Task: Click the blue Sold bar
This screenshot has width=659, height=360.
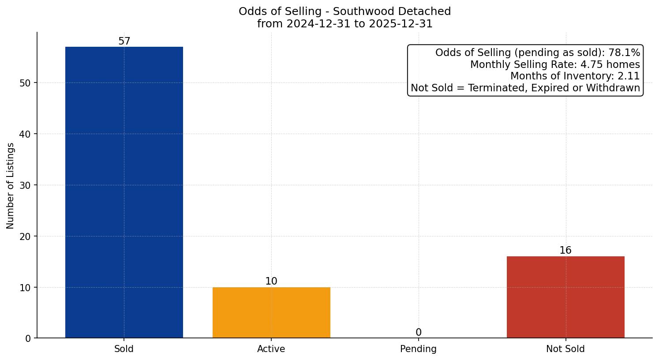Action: point(124,192)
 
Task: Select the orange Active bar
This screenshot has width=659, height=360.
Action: point(271,312)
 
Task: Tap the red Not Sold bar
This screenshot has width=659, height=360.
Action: point(565,297)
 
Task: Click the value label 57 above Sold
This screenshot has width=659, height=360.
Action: point(124,41)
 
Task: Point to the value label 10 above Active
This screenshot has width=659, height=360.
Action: point(271,281)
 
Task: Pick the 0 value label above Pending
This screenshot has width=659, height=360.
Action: point(418,333)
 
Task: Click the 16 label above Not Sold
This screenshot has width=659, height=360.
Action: point(565,251)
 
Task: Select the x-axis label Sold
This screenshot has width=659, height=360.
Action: point(124,349)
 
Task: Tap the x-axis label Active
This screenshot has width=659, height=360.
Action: point(271,349)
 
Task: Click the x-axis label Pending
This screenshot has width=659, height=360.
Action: point(418,349)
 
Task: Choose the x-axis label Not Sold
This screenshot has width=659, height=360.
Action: point(565,349)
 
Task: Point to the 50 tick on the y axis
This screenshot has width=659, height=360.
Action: point(25,83)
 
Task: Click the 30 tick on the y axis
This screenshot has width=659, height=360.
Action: point(25,185)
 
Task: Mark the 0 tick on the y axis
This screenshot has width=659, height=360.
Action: point(28,338)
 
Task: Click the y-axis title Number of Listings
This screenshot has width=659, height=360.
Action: point(10,186)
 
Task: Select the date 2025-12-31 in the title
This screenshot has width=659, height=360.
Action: point(401,24)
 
